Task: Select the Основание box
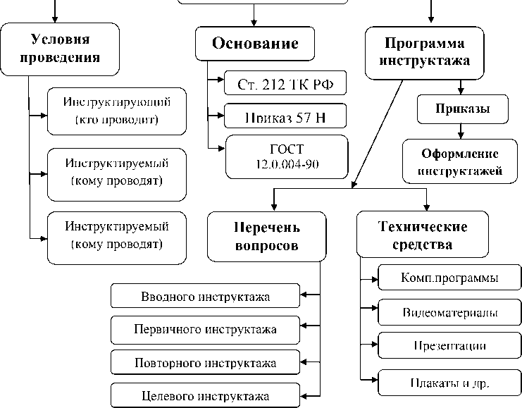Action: (255, 44)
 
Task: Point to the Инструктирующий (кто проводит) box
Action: (117, 111)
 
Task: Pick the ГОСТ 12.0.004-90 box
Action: (286, 156)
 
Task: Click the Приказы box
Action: (463, 109)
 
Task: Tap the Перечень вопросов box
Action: (267, 236)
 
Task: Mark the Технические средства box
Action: (423, 235)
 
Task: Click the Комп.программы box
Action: (450, 278)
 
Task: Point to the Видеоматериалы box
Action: (450, 311)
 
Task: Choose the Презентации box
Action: (450, 345)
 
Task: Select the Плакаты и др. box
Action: (450, 383)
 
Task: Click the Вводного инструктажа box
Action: (205, 296)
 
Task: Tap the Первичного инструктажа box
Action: (205, 328)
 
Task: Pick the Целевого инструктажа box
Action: (205, 396)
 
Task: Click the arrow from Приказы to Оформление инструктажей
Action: (461, 130)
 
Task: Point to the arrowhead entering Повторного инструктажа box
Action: (304, 361)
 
